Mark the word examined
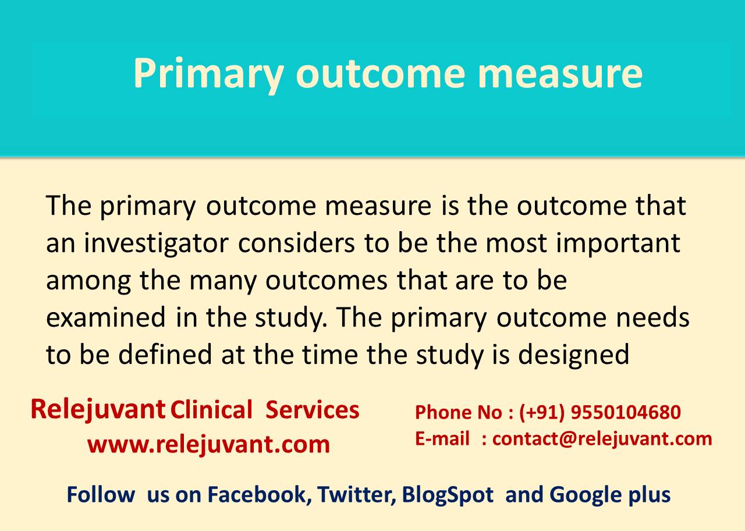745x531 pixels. pos(106,317)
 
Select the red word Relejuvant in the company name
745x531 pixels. pos(98,410)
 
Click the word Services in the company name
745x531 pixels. pos(313,410)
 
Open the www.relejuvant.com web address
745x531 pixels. pos(208,444)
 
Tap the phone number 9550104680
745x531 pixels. pos(626,412)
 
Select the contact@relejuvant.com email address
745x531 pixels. pos(602,438)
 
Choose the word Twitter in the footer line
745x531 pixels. pos(356,495)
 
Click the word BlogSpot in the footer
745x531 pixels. pos(448,495)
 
